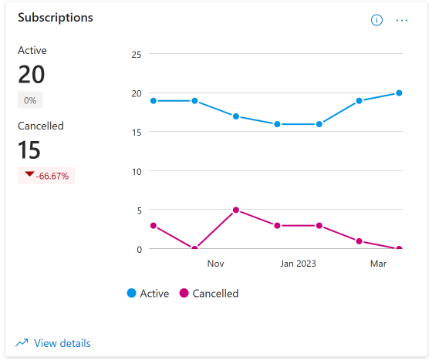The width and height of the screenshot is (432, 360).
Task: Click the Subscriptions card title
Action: coord(56,18)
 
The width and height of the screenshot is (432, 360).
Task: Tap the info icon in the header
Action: coord(376,20)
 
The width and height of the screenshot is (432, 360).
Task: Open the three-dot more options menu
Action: coord(402,20)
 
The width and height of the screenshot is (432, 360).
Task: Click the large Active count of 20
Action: coord(32,74)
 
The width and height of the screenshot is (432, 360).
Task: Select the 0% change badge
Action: coord(30,100)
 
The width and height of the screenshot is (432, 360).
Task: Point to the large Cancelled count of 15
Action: coord(29,150)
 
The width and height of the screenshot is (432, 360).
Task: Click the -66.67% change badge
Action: coord(46,176)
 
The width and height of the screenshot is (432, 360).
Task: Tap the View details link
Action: coord(62,343)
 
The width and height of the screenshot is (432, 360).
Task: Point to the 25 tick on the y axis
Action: coord(137,55)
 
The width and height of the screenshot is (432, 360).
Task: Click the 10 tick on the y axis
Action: coord(137,172)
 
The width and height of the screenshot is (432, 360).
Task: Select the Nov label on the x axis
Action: coord(215,264)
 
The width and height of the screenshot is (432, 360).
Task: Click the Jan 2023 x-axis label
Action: coord(298,264)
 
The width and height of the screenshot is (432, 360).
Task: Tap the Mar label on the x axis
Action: coord(378,264)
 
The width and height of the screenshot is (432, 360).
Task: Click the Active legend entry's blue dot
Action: coord(131,293)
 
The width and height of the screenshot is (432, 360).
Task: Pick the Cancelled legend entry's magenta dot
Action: coord(184,293)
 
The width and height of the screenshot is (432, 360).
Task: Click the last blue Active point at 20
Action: coord(399,93)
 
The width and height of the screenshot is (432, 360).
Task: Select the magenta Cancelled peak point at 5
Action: coord(236,210)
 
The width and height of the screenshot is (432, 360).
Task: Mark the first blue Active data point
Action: coord(154,101)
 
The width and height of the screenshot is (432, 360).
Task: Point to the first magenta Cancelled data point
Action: coord(154,226)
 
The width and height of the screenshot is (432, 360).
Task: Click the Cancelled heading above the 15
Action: coord(41,126)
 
